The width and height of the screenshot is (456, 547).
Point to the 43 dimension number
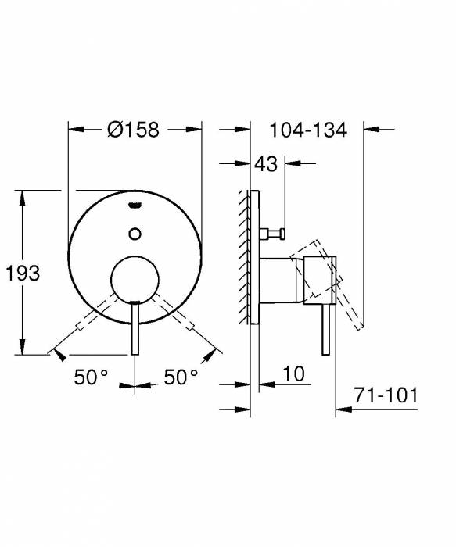[266, 164]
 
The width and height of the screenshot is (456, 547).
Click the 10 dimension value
[293, 375]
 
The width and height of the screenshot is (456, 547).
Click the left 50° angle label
[92, 377]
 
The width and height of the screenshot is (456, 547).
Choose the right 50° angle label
[181, 377]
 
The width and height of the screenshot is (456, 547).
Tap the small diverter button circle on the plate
[135, 232]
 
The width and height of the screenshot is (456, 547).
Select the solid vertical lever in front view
[135, 328]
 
